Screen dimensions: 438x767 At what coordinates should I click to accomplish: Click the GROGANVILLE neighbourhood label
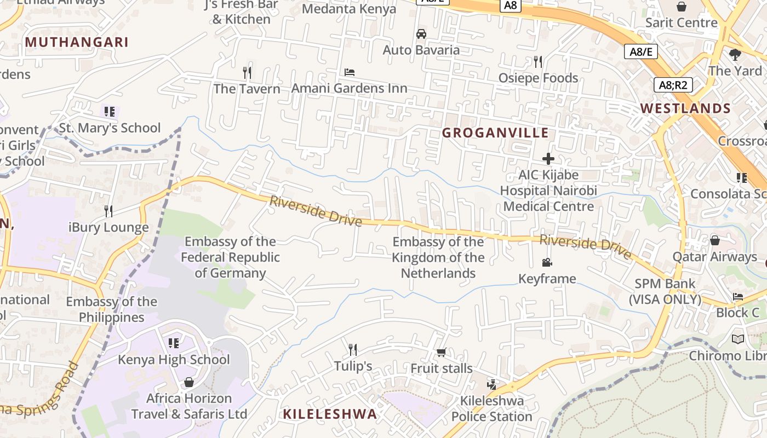(495, 132)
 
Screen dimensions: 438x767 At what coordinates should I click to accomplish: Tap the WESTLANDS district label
(686, 108)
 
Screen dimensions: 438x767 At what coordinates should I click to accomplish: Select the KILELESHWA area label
(330, 414)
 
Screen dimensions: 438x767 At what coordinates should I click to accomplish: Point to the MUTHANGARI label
(77, 42)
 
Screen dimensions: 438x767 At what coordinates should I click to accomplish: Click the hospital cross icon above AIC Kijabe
(548, 159)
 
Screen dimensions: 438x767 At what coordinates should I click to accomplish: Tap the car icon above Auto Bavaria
(421, 34)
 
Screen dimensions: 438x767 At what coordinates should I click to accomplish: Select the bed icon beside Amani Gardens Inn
(349, 72)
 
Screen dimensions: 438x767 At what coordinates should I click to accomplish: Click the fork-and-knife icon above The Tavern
(247, 72)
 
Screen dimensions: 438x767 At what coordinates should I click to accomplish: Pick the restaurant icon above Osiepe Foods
(537, 62)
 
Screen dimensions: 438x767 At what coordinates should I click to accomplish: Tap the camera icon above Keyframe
(547, 263)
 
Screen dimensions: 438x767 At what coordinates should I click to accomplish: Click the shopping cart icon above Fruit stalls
(441, 352)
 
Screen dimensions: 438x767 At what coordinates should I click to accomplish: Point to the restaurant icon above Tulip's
(353, 349)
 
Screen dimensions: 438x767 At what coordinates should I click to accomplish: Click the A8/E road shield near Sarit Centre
(640, 52)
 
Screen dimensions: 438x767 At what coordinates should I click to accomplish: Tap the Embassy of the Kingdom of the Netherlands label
(438, 257)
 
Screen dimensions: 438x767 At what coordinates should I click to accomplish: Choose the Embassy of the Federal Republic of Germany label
(231, 257)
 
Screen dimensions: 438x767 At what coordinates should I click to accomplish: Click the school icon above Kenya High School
(174, 343)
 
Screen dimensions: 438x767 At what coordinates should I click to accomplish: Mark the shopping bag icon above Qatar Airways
(715, 240)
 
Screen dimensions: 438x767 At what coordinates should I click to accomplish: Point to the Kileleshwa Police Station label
(492, 408)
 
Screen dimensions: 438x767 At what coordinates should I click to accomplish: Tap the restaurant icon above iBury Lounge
(108, 211)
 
